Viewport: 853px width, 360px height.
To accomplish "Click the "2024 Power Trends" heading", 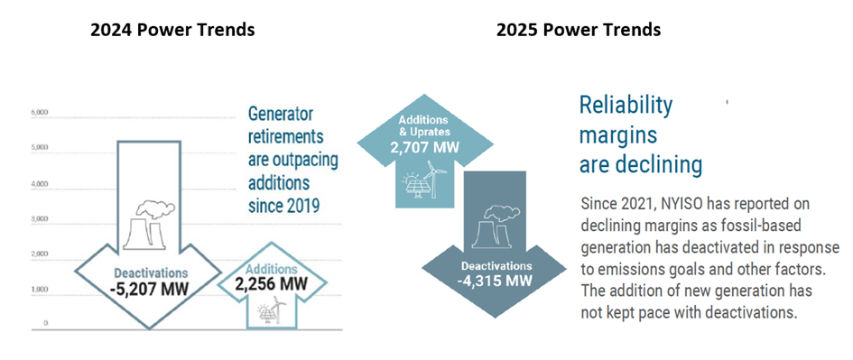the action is pos(172,30).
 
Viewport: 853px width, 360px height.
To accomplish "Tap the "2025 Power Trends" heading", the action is pos(579,30).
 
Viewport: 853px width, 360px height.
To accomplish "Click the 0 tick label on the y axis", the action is pos(46,323).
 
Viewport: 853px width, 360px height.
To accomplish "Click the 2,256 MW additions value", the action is pos(271,284).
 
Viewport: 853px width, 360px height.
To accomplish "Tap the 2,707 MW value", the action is pos(425,147).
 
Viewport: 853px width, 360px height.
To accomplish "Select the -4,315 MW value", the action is pos(495,281).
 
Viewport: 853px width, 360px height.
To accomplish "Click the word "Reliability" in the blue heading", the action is pos(626,106).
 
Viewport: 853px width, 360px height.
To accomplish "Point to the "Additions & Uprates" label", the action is pos(425,125).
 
